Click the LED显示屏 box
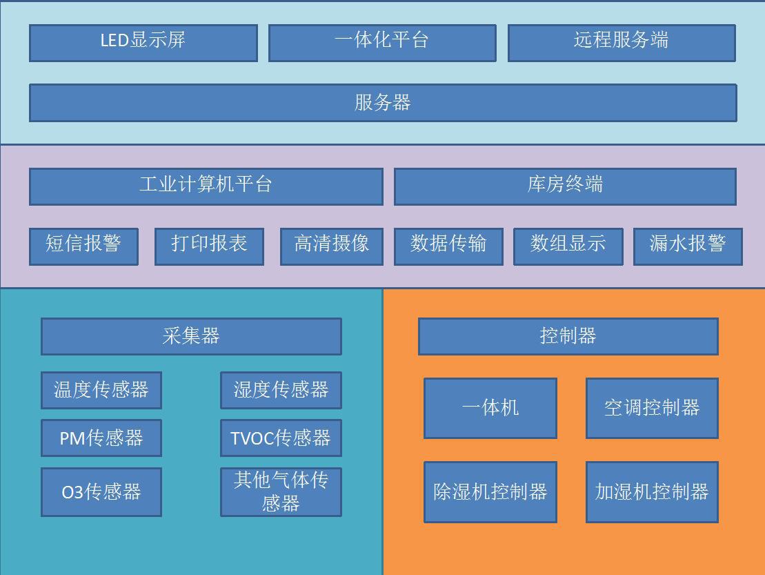143,43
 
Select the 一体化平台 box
382,43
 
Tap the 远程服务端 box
622,43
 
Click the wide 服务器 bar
383,103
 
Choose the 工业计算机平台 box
206,187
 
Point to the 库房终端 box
566,187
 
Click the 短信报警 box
84,247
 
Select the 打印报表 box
209,247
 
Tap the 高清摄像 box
332,247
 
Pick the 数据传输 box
449,247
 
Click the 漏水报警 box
688,247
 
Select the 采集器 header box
191,337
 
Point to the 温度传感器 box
101,391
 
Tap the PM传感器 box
101,438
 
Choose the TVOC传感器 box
281,438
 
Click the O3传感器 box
101,492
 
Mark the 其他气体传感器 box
281,492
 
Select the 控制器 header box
568,337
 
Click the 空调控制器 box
653,409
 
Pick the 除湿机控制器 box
490,492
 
